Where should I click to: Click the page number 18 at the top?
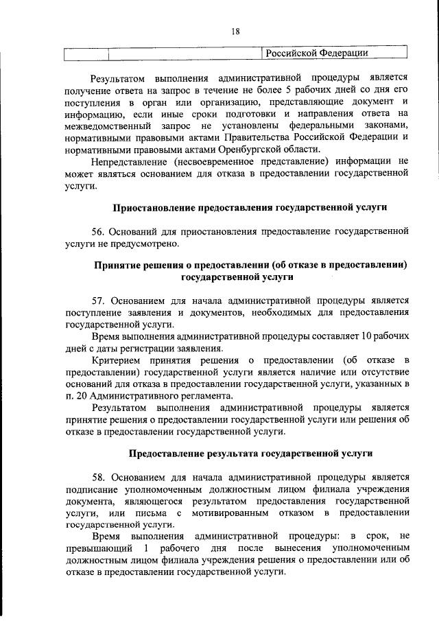click(x=235, y=31)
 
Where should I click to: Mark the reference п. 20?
click(x=74, y=396)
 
